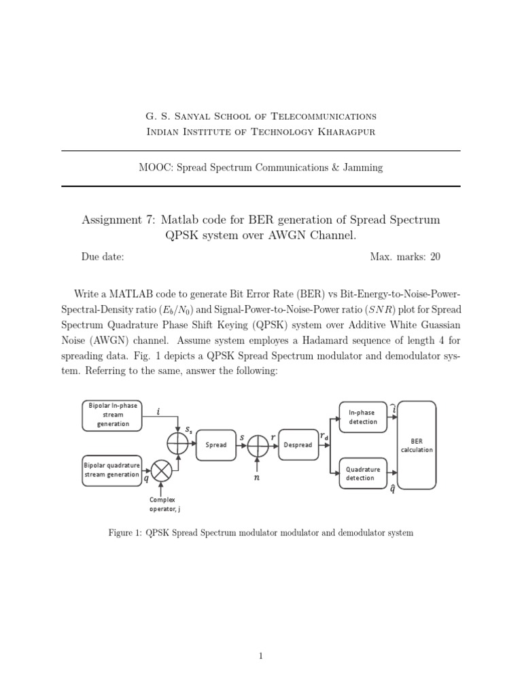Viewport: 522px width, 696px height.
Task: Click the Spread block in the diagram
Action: (215, 445)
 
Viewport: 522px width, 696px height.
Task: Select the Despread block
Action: (298, 445)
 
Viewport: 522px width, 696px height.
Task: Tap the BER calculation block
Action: (417, 445)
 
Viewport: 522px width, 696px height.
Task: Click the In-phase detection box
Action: (362, 417)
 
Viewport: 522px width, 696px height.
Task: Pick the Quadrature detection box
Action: (362, 473)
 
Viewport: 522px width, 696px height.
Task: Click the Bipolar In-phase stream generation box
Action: (112, 415)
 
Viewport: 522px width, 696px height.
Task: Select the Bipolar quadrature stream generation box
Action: (112, 470)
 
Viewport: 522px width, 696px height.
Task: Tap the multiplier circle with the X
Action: (162, 470)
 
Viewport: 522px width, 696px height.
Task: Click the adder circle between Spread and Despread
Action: (258, 445)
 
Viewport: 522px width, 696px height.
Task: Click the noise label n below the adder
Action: (258, 478)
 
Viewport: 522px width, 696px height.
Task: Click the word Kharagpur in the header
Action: (346, 131)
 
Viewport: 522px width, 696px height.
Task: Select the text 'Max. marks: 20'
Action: (405, 257)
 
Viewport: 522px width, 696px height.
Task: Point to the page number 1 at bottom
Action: (261, 656)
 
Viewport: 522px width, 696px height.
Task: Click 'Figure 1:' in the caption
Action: (126, 533)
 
